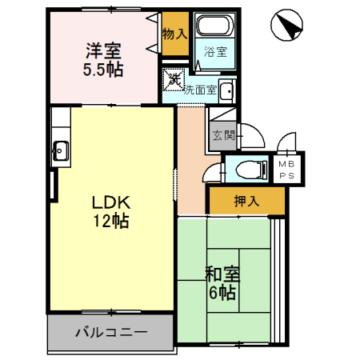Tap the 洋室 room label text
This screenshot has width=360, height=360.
[x=104, y=50]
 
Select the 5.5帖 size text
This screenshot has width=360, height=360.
[x=103, y=70]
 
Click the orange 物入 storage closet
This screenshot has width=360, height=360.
[x=174, y=34]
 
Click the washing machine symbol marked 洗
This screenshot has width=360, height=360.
[x=174, y=78]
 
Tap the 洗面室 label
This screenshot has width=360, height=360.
[x=200, y=90]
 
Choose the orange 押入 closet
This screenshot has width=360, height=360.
[x=246, y=201]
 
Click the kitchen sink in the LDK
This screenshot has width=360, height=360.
[x=60, y=149]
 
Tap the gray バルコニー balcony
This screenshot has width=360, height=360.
[x=110, y=331]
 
